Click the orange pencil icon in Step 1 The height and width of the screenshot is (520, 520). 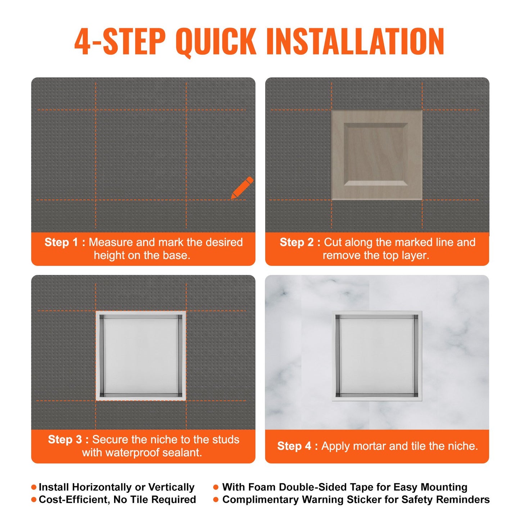click(242, 187)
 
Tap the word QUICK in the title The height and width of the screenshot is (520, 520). click(216, 42)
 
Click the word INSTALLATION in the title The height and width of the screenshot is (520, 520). click(355, 42)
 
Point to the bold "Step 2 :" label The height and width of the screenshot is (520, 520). click(300, 242)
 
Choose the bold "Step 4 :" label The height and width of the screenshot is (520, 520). click(297, 446)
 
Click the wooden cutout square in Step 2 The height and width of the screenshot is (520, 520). click(376, 155)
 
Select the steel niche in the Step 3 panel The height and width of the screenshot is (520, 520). click(141, 356)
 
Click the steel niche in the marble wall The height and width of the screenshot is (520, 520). click(377, 356)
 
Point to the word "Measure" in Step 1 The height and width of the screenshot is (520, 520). click(111, 242)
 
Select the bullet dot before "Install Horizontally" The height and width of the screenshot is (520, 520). click(34, 487)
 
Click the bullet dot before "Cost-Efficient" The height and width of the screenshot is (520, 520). click(34, 499)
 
